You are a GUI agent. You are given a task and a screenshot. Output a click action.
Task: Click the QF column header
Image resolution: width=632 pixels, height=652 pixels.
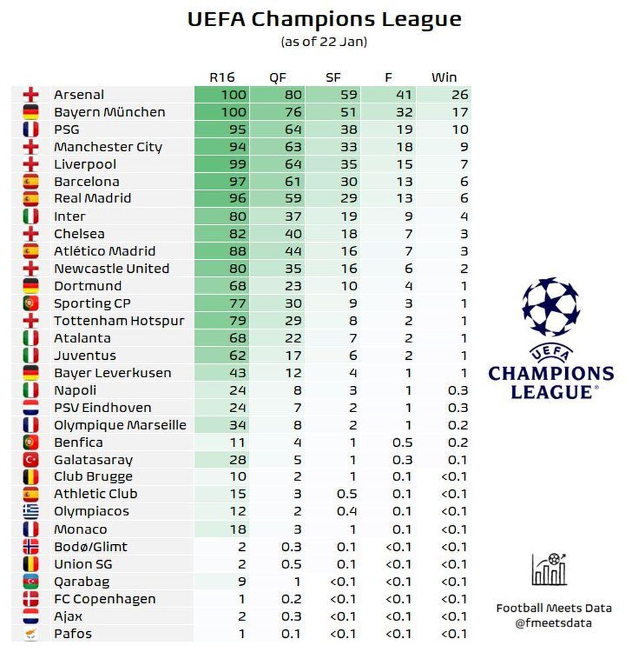pos(278,77)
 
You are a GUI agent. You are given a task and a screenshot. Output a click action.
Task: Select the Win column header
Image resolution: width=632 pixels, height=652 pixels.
pos(444,77)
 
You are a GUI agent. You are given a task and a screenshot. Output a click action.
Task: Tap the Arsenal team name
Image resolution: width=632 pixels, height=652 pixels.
pos(79,94)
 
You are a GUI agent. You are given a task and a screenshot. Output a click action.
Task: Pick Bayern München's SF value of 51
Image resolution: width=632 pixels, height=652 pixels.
pos(349,112)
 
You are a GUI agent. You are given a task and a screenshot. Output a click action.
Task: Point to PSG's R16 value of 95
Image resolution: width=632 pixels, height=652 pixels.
pos(237,129)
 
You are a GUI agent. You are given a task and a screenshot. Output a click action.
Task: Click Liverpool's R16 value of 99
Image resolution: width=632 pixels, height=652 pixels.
pos(237,164)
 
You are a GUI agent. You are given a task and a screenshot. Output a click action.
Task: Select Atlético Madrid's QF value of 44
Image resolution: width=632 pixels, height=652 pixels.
pos(294,251)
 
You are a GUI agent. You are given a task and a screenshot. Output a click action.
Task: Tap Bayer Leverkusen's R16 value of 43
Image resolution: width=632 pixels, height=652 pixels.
pos(237,373)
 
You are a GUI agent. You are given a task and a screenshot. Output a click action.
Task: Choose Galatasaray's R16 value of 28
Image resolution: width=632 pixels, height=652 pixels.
pos(237,460)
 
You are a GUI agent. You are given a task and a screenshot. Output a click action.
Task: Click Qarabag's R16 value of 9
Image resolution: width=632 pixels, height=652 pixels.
pos(242,582)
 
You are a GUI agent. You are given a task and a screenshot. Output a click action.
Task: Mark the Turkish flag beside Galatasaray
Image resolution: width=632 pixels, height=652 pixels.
pos(31,460)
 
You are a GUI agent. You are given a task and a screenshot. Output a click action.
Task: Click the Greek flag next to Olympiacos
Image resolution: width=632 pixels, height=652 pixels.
pos(31,512)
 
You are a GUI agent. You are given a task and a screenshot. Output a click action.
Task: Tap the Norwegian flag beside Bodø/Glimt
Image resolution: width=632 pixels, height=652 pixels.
pos(31,547)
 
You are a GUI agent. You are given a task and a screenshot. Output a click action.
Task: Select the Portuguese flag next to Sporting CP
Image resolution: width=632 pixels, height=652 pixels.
pos(31,304)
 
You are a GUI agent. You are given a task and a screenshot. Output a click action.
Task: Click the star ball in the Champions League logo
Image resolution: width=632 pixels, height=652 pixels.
pos(550,308)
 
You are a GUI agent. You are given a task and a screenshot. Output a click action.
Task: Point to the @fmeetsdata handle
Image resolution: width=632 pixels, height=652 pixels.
pos(553,623)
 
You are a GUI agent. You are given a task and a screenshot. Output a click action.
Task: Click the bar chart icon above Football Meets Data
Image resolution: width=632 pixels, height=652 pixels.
pos(550,570)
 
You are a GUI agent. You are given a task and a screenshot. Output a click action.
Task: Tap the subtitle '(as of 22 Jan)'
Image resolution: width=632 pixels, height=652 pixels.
pos(324,42)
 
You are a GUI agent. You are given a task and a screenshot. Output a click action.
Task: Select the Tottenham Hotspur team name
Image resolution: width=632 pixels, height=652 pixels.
pos(119,321)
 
